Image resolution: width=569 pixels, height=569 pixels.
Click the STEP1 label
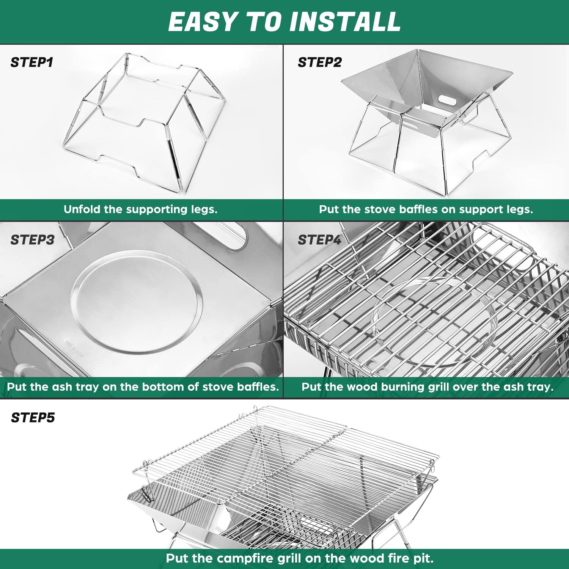pos(32,62)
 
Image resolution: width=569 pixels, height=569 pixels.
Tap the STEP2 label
pos(319,62)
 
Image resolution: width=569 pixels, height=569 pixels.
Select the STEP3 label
pos(32,240)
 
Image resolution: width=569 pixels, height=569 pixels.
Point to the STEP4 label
pos(319,240)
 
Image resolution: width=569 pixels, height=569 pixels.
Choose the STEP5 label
pos(33,418)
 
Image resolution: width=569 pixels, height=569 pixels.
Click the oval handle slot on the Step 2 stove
pos(448,100)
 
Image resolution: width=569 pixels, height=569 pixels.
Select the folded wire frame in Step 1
pos(144,121)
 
